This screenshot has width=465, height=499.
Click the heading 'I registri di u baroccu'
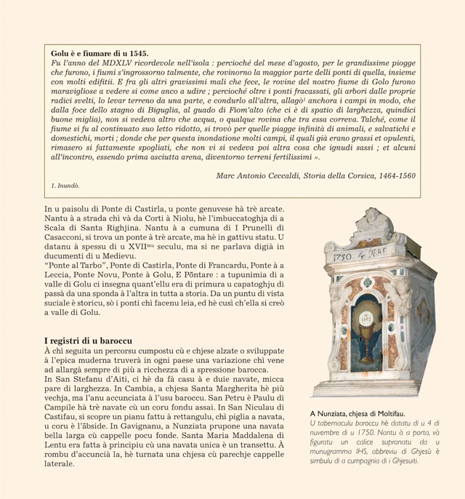(x=89, y=340)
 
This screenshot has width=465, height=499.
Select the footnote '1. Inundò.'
(x=66, y=187)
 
